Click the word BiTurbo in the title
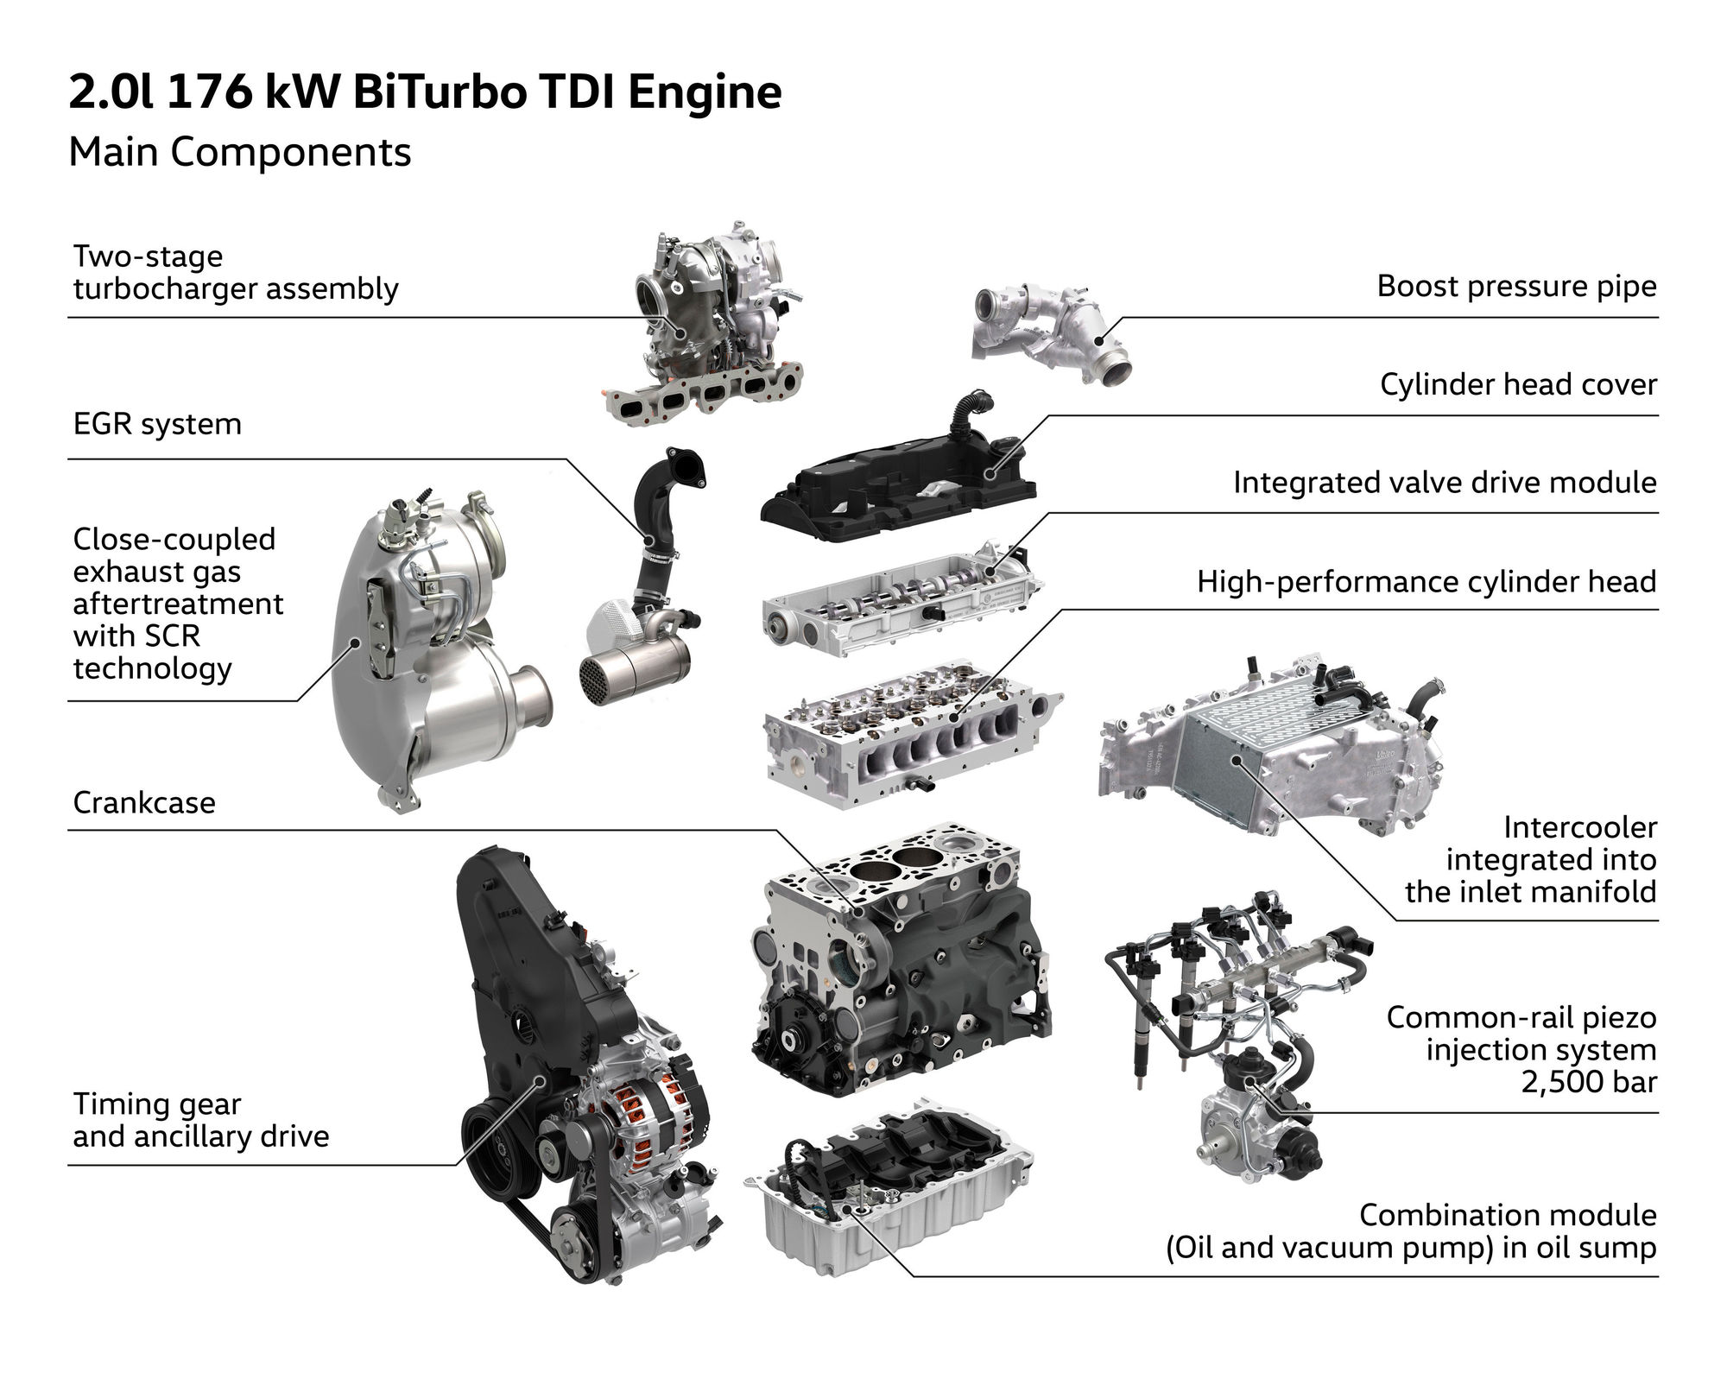tap(439, 93)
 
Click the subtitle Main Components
tap(239, 153)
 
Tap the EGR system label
tap(157, 424)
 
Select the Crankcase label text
tap(144, 802)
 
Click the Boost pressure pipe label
tap(1516, 286)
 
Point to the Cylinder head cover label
tap(1518, 384)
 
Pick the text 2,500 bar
tap(1588, 1082)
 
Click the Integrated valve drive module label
tap(1444, 482)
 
